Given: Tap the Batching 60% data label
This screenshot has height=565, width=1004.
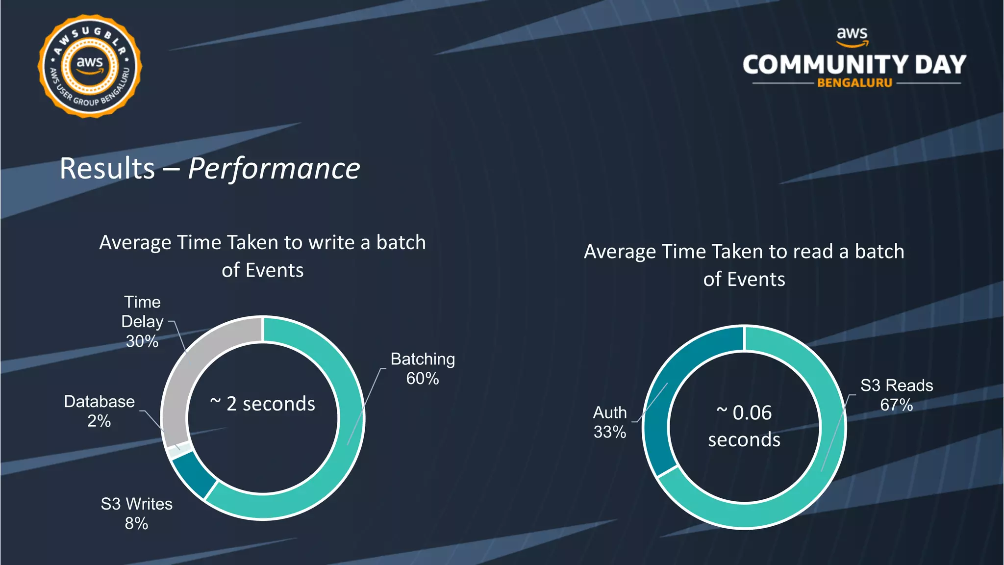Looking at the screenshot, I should (x=423, y=369).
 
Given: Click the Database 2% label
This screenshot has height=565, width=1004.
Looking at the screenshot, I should (x=100, y=411).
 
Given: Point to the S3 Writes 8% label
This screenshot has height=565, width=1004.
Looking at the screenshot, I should (x=137, y=514).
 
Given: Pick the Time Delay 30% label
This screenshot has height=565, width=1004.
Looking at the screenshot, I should (x=142, y=322).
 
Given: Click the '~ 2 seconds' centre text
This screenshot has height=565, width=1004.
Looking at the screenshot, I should (x=263, y=404).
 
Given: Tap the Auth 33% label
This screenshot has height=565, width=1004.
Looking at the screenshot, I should (x=610, y=422).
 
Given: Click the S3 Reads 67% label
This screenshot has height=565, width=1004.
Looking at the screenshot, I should (x=897, y=395).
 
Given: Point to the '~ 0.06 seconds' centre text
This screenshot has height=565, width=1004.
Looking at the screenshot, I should (x=744, y=426).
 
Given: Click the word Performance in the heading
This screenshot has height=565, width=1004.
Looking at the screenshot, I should (x=274, y=169).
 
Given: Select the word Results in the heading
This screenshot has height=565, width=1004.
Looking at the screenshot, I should (x=107, y=169).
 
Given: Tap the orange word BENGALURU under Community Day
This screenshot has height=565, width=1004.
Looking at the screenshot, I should (x=854, y=83).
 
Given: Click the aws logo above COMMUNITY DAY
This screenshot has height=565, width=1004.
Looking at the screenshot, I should (x=852, y=36).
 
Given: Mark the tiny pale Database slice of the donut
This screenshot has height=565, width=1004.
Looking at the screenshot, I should (x=175, y=450).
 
